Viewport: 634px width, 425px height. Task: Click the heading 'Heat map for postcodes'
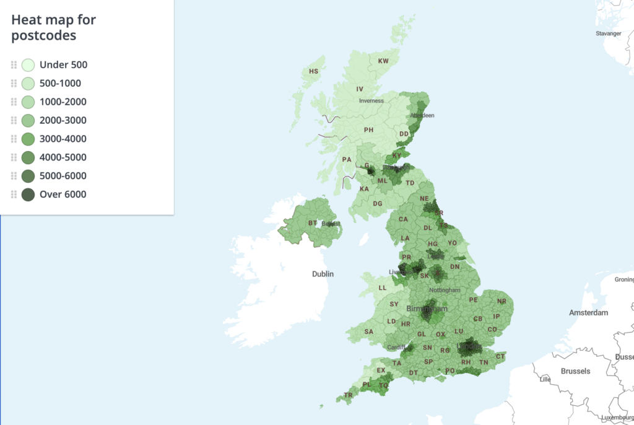tap(54, 27)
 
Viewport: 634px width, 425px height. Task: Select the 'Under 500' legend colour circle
tap(28, 64)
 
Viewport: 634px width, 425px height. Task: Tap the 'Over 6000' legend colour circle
tap(28, 195)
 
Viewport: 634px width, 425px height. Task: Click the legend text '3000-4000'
tap(63, 139)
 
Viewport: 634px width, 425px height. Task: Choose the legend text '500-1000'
tap(60, 83)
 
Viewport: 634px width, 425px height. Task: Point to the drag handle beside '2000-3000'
tap(14, 120)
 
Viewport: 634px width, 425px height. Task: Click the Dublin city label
tap(323, 274)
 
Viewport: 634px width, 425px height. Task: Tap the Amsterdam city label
tap(588, 313)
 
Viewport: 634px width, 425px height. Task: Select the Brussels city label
tap(575, 371)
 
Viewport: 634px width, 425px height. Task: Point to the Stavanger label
tap(608, 33)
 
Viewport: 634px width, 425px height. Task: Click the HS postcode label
tap(313, 71)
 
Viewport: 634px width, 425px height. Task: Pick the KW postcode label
tap(383, 61)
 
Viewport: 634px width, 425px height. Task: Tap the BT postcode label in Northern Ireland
tap(313, 223)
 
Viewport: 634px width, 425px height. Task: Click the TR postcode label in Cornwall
tap(348, 395)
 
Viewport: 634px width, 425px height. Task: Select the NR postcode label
tap(502, 302)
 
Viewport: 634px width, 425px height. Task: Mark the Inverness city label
tap(371, 100)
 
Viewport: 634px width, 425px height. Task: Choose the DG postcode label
tap(378, 203)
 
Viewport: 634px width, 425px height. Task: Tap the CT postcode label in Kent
tap(500, 356)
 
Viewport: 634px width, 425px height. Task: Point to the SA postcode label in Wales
tap(369, 331)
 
